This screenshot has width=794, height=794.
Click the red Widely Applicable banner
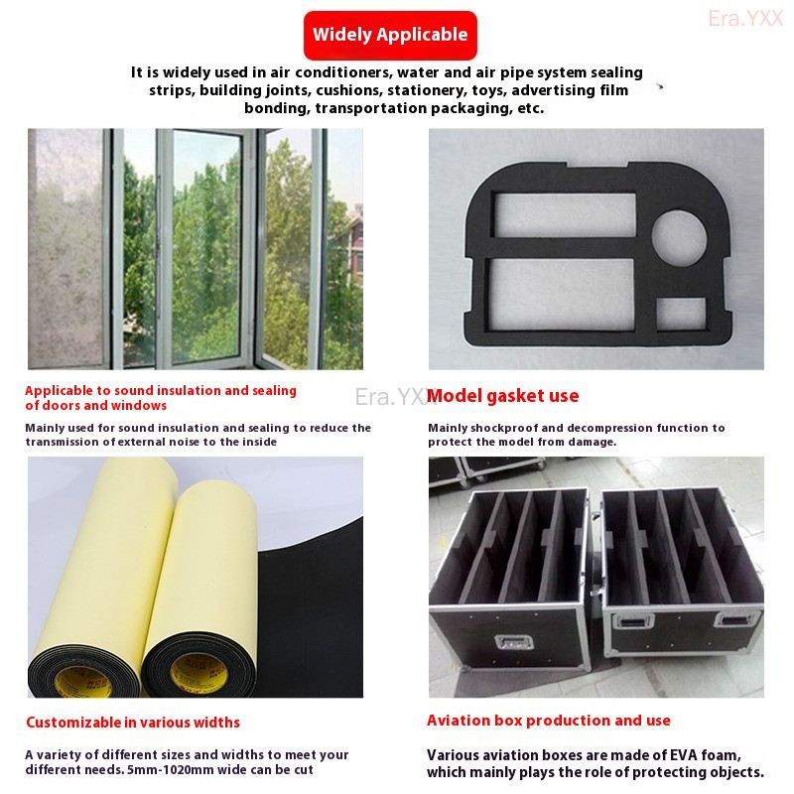click(x=390, y=35)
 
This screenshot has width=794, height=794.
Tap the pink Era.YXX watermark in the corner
click(x=745, y=19)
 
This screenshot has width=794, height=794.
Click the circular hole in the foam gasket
click(x=679, y=238)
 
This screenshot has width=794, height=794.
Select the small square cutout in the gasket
click(x=681, y=314)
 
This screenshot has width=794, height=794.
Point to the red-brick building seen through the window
click(x=354, y=243)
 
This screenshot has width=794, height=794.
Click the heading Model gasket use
click(x=503, y=395)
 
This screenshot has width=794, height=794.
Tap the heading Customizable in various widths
click(x=133, y=723)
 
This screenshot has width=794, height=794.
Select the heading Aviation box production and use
click(x=549, y=721)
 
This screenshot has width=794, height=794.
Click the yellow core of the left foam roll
click(x=83, y=682)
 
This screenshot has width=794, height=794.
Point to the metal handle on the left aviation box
click(x=513, y=642)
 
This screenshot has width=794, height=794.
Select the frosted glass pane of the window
click(x=66, y=248)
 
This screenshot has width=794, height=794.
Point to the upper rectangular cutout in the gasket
click(x=564, y=214)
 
